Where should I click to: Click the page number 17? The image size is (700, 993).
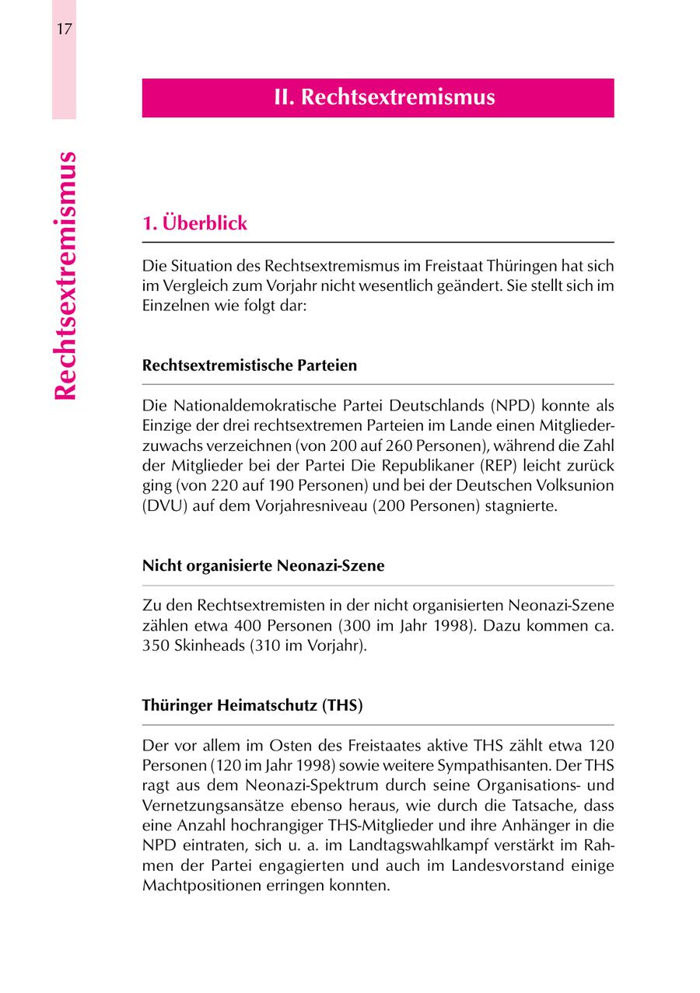point(64,30)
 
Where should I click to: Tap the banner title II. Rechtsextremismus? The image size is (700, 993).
point(384,98)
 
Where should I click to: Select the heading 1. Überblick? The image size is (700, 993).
point(194,223)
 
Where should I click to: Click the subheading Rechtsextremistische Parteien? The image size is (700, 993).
point(250,365)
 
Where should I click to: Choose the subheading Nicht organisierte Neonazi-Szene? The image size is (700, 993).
point(263,566)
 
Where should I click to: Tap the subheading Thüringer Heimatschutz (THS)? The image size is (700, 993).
point(252,706)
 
